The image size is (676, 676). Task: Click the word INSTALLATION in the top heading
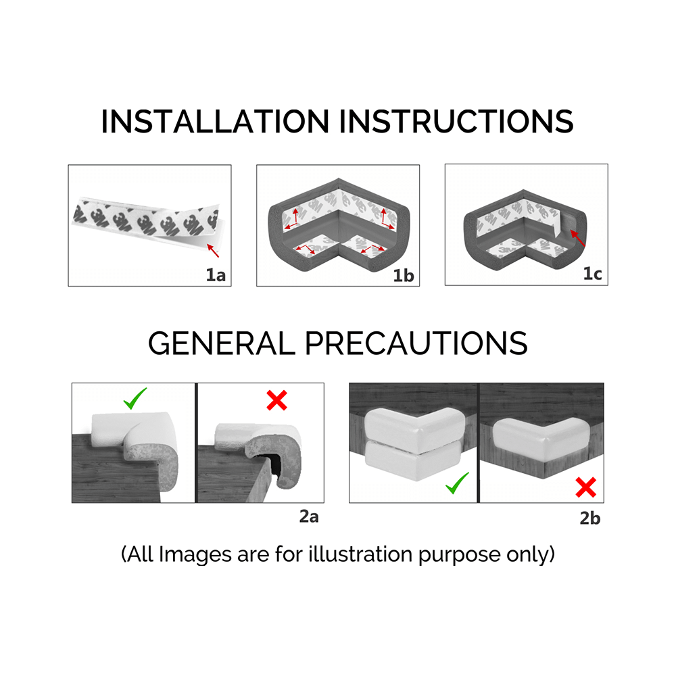pos(216,121)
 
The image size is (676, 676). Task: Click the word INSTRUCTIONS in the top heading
pos(457,121)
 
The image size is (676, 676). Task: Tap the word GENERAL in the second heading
pos(221,343)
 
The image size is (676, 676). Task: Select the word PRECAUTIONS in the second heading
pos(416,343)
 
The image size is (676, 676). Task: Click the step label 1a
pos(216,274)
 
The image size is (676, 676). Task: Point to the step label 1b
pos(404,274)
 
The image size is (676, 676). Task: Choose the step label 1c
pos(591,274)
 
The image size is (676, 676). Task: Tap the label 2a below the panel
pos(309,517)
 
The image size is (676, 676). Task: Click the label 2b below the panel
pos(589,518)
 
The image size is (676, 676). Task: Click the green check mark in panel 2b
pos(458,483)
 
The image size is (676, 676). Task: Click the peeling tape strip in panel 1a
pos(142,224)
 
